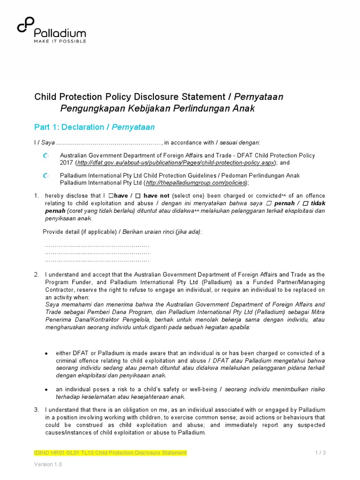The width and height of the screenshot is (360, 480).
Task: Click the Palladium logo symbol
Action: pos(25,25)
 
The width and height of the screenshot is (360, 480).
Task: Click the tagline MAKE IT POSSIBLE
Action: pos(60,41)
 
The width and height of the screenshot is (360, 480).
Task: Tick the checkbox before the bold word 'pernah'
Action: pos(270,203)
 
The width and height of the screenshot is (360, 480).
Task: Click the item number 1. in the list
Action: pos(37,195)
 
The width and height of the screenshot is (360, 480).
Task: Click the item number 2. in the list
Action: pos(37,274)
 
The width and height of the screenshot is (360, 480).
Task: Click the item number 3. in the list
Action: pos(37,410)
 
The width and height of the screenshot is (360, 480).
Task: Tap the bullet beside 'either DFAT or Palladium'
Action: pos(45,353)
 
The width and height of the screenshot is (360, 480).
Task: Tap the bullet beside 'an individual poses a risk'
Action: pos(45,390)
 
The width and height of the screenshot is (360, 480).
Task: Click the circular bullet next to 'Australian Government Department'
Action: pos(45,156)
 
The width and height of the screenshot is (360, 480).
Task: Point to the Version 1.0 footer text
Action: pos(48,465)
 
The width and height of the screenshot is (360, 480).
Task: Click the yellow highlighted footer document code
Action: pos(110,452)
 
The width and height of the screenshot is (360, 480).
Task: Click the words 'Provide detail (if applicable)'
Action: pos(74,232)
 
